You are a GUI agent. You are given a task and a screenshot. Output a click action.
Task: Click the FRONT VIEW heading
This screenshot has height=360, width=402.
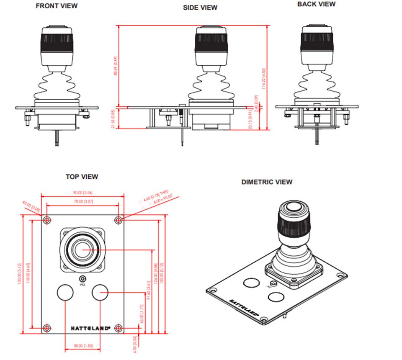coord(57,6)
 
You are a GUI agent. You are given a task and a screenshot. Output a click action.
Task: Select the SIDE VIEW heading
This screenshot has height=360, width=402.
coord(200,8)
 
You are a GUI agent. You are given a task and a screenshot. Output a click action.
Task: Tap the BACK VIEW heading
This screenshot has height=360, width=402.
coord(316,4)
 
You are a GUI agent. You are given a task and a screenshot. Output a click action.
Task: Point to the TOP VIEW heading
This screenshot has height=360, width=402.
coord(82,177)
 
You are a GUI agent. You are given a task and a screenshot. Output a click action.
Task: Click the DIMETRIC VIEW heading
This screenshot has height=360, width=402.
coord(267,182)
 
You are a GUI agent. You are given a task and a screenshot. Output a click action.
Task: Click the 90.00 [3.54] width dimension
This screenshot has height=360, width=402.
coord(82,193)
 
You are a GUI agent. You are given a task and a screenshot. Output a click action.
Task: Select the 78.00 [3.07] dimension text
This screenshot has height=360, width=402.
coord(82,202)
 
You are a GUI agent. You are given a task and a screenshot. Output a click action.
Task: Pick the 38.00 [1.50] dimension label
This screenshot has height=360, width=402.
coord(82,346)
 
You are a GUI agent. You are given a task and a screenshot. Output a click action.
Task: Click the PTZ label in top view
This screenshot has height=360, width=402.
coord(82,285)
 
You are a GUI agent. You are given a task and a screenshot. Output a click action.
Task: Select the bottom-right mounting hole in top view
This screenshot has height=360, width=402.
coord(119,327)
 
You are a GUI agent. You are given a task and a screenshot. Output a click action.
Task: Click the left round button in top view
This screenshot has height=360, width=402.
coord(65,293)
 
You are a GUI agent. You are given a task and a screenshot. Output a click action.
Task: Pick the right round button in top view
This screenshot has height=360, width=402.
coord(100,293)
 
